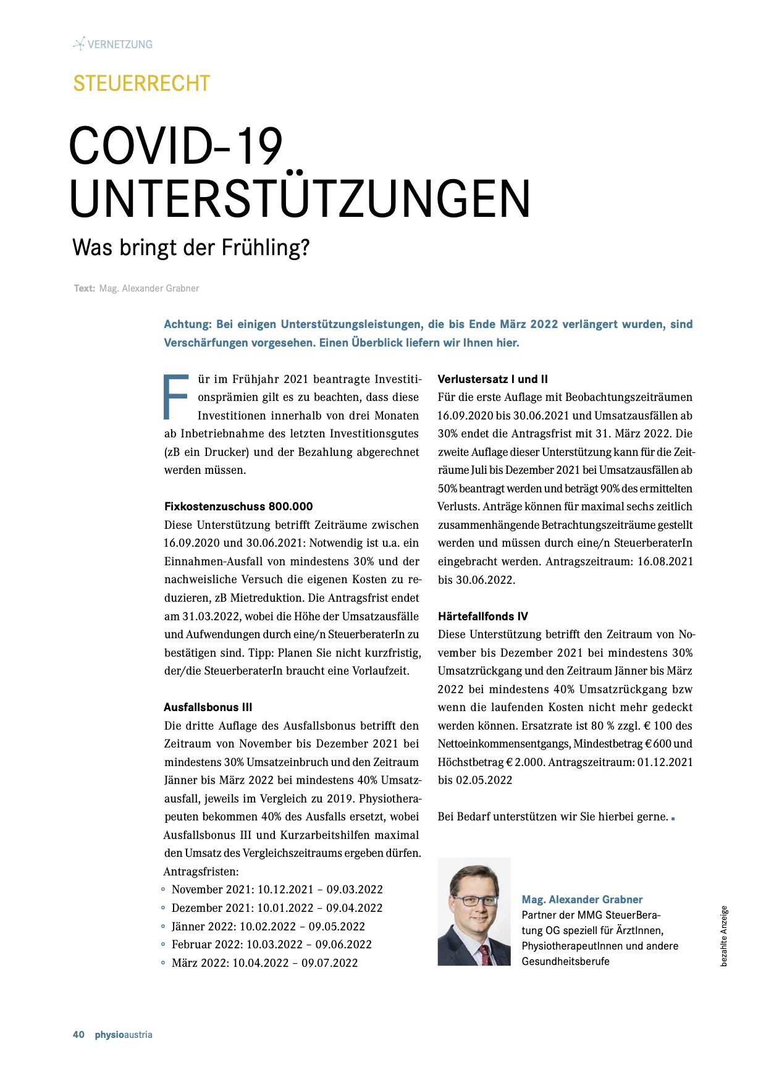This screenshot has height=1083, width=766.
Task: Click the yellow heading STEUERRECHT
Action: [x=141, y=83]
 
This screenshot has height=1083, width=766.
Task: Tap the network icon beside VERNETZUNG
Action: [x=78, y=44]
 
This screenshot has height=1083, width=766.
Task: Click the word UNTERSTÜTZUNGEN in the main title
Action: [x=300, y=199]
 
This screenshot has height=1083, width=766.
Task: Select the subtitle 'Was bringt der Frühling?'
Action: [x=191, y=248]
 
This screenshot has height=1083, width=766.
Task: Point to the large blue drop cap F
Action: [x=175, y=397]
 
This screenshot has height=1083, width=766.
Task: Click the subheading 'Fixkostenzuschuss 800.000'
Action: [x=238, y=507]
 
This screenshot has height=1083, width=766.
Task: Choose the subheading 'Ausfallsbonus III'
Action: [x=208, y=707]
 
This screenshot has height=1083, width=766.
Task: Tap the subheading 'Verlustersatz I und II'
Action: [x=492, y=379]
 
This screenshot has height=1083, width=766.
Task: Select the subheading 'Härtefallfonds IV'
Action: [x=483, y=617]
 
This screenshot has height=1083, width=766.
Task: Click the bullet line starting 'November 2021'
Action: [x=277, y=890]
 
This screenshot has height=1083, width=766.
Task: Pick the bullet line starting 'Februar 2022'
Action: [x=271, y=945]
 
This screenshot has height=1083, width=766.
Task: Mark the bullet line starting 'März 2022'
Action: [x=264, y=963]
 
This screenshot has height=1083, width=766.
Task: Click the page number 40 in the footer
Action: [x=78, y=1035]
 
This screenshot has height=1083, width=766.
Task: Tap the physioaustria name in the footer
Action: [x=124, y=1035]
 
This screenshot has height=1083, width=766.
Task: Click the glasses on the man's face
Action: [x=474, y=900]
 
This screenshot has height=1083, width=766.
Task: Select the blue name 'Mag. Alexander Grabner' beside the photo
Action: [x=582, y=900]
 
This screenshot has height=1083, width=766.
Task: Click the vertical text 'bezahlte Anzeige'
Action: [x=724, y=935]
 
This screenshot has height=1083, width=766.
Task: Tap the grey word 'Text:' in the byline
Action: [x=85, y=289]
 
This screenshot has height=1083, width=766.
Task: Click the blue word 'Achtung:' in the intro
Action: [x=188, y=324]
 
